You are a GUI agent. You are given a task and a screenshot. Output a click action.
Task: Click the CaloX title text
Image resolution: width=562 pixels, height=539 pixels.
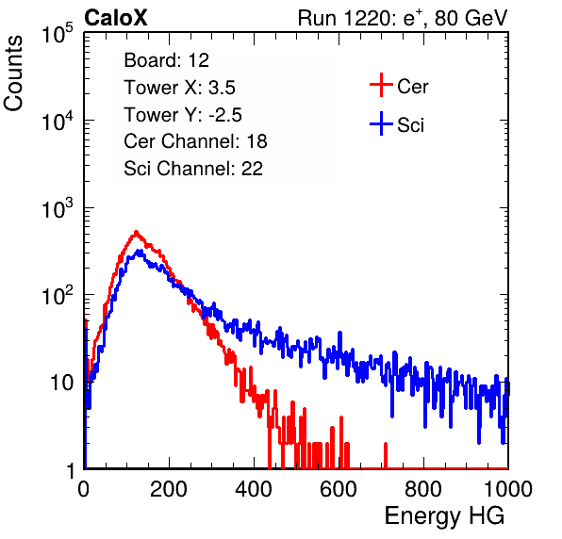coord(115,18)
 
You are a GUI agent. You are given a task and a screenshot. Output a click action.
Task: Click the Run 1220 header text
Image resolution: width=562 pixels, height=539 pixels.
coord(403,18)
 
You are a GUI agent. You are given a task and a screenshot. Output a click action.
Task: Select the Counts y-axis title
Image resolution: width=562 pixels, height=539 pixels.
coord(13,73)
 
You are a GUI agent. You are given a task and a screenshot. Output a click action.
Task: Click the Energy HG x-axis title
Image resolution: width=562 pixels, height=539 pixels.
coord(444,515)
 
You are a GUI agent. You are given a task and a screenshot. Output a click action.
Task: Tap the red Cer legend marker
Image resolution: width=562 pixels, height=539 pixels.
coord(381,85)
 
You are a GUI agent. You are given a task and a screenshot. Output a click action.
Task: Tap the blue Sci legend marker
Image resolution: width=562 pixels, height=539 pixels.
coord(381,124)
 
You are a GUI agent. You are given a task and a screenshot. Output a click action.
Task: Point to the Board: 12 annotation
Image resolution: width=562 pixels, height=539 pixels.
coord(166,60)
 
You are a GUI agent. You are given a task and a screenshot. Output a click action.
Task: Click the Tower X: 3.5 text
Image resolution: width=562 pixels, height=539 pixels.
coord(179,88)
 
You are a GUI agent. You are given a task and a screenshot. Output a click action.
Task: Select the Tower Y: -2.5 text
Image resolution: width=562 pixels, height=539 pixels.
coord(183,115)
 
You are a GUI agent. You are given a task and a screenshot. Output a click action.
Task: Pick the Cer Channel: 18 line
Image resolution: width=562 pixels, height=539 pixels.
coord(195,141)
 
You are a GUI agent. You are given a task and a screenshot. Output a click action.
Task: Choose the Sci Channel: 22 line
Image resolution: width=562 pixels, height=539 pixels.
coord(193,169)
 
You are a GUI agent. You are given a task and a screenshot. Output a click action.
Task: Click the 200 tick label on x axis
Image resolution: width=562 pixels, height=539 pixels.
coord(169,489)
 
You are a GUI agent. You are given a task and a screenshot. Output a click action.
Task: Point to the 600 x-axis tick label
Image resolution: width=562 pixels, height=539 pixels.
coord(339,489)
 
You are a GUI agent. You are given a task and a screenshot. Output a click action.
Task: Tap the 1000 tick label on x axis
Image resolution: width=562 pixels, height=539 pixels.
coord(508,489)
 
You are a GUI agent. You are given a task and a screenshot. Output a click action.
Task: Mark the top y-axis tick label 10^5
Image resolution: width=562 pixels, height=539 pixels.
coord(58,33)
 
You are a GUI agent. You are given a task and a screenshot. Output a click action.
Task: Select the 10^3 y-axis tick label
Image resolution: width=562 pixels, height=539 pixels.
coord(58,207)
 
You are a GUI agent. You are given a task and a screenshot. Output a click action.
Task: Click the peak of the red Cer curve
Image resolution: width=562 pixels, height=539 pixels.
coord(136,233)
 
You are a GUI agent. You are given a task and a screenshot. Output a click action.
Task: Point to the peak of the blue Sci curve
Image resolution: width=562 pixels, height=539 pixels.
coord(140,252)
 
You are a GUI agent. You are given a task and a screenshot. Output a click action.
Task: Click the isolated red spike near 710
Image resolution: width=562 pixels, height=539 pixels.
coord(386,455)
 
